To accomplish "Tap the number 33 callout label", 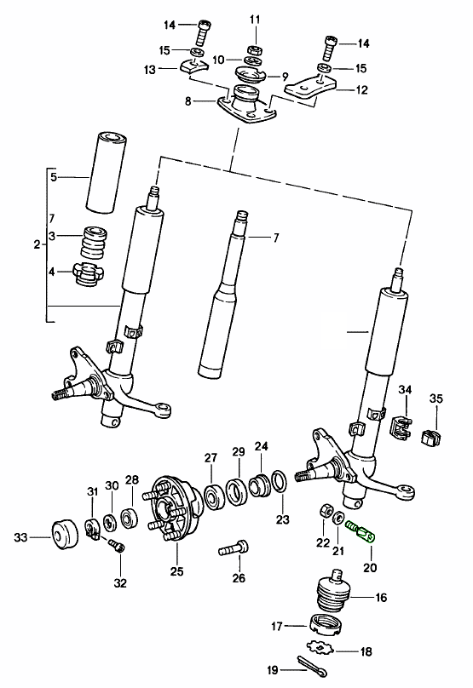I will [20, 536].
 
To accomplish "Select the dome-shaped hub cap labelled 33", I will [63, 536].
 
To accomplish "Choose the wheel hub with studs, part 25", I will [174, 515].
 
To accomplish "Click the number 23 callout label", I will [283, 519].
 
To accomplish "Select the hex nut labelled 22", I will [324, 512].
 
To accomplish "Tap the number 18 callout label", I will [366, 652].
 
